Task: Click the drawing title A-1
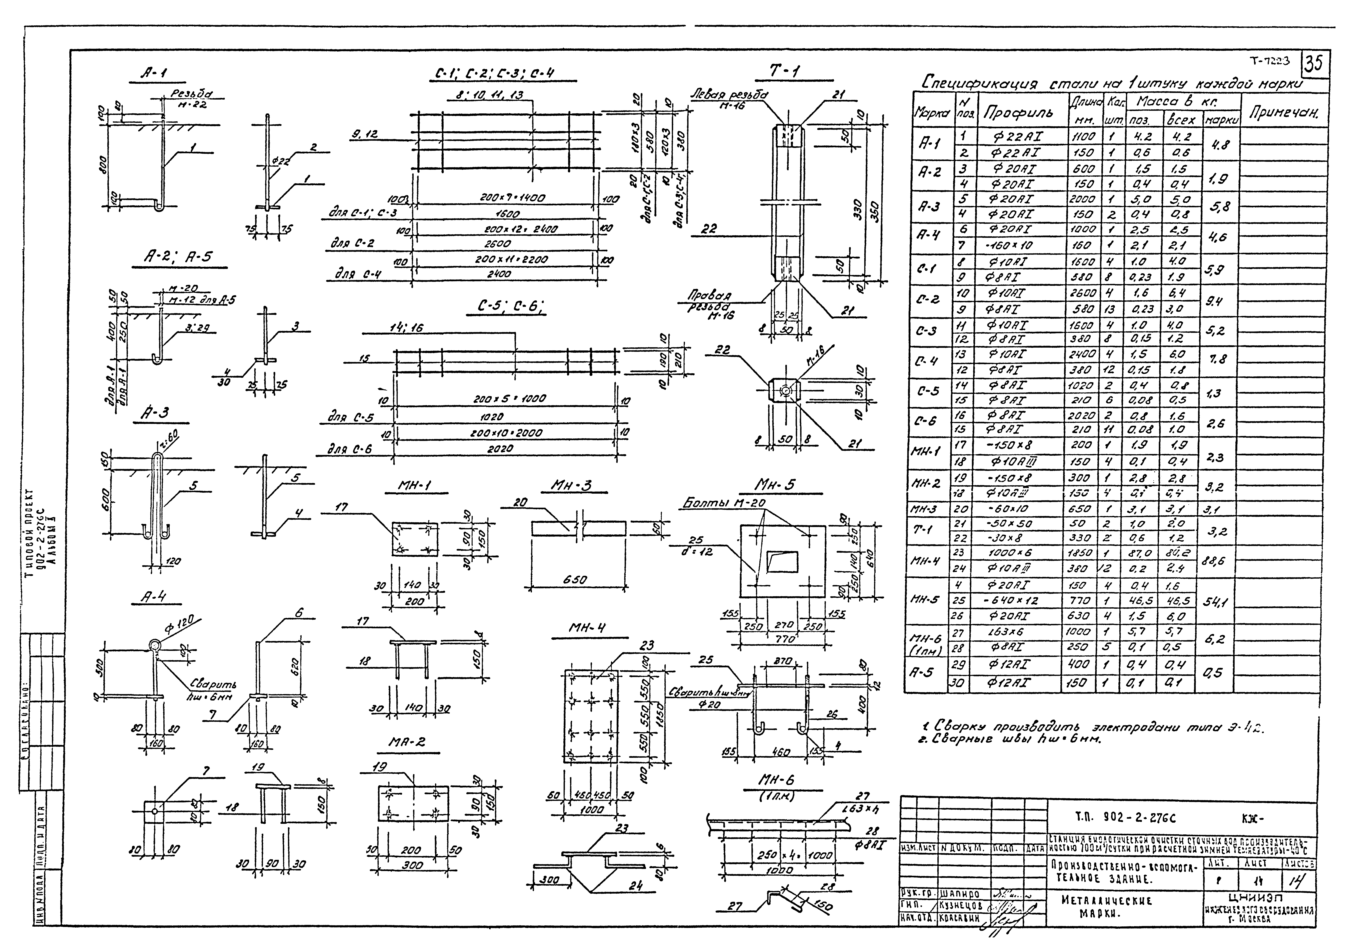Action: point(154,73)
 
